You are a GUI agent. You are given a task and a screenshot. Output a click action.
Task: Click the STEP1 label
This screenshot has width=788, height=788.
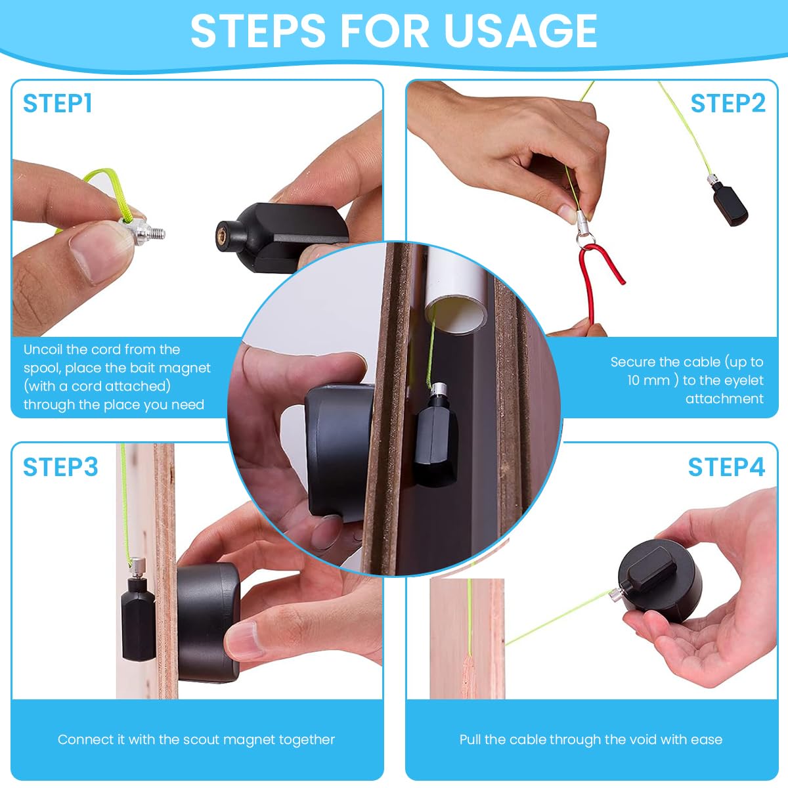58,104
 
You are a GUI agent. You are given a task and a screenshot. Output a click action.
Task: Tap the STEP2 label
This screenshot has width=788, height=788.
728,104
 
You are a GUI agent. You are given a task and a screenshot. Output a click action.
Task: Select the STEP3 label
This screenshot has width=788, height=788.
60,467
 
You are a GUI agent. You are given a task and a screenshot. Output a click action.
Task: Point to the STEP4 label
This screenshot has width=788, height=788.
726,467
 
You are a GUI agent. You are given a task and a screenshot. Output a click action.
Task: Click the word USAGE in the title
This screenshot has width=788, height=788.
520,30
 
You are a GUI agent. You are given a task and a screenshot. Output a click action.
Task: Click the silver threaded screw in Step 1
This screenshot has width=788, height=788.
152,232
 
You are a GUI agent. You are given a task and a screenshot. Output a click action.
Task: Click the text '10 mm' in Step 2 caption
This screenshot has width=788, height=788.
648,380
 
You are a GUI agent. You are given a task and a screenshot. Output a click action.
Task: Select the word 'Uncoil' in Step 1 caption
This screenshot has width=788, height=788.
45,349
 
